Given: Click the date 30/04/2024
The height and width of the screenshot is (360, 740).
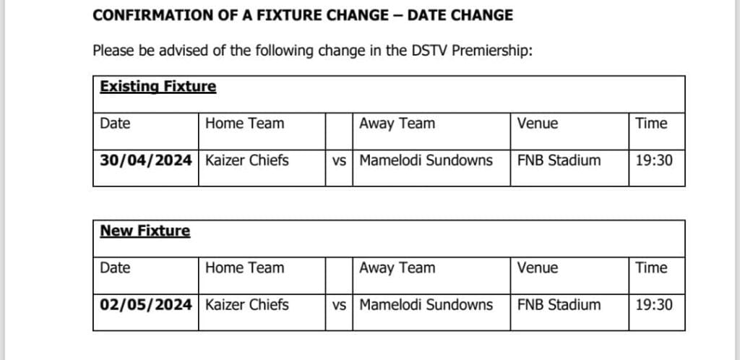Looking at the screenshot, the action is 146,161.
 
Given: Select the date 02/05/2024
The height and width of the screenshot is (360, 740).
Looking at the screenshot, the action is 146,305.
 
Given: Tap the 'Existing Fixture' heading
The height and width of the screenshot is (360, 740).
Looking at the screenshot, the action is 158,87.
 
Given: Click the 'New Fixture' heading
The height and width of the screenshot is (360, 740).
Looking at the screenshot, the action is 145,231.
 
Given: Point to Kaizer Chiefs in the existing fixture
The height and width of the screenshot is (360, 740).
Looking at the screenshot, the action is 247,160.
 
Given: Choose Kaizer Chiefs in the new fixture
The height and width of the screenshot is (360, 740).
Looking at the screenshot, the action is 247,304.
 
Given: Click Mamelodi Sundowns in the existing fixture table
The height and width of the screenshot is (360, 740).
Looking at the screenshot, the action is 426,160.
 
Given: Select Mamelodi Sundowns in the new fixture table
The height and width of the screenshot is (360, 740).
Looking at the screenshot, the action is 426,304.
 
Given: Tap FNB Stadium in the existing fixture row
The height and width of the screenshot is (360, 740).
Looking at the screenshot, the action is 559,160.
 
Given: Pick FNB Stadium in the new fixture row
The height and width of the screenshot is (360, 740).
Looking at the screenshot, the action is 559,304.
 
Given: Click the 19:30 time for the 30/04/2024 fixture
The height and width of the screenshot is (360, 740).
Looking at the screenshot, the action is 653,160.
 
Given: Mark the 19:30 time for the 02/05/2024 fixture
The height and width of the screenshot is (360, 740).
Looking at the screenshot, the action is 653,304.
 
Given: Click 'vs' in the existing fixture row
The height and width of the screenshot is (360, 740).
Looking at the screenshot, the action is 339,161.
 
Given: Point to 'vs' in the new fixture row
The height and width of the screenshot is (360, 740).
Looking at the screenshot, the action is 339,305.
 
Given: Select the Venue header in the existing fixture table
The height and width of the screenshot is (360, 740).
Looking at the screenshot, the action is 538,124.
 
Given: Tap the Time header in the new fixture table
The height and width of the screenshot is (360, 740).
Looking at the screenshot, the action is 651,267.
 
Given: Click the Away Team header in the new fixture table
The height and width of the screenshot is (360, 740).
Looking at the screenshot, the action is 397,268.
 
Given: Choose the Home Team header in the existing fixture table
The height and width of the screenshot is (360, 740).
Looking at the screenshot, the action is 244,124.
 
